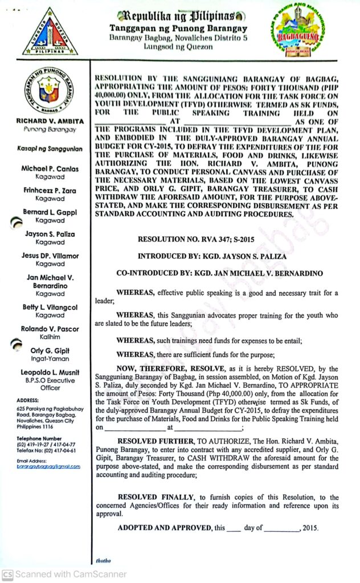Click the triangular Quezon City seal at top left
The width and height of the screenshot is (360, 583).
pyautogui.click(x=50, y=32)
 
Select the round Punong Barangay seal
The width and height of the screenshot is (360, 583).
pyautogui.click(x=50, y=91)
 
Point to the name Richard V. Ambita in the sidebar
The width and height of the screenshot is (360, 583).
pyautogui.click(x=50, y=121)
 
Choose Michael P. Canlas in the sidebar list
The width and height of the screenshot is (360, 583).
pyautogui.click(x=50, y=169)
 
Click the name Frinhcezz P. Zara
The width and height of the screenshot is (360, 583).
pyautogui.click(x=50, y=191)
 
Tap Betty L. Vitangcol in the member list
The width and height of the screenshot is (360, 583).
pyautogui.click(x=50, y=307)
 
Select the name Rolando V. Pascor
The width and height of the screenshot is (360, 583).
pyautogui.click(x=50, y=329)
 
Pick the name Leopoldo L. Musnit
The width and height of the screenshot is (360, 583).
pyautogui.click(x=50, y=372)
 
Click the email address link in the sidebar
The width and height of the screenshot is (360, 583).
pyautogui.click(x=48, y=466)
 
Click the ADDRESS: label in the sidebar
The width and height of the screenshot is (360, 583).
pyautogui.click(x=28, y=400)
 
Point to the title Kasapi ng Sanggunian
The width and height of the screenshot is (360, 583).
pyautogui.click(x=50, y=149)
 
